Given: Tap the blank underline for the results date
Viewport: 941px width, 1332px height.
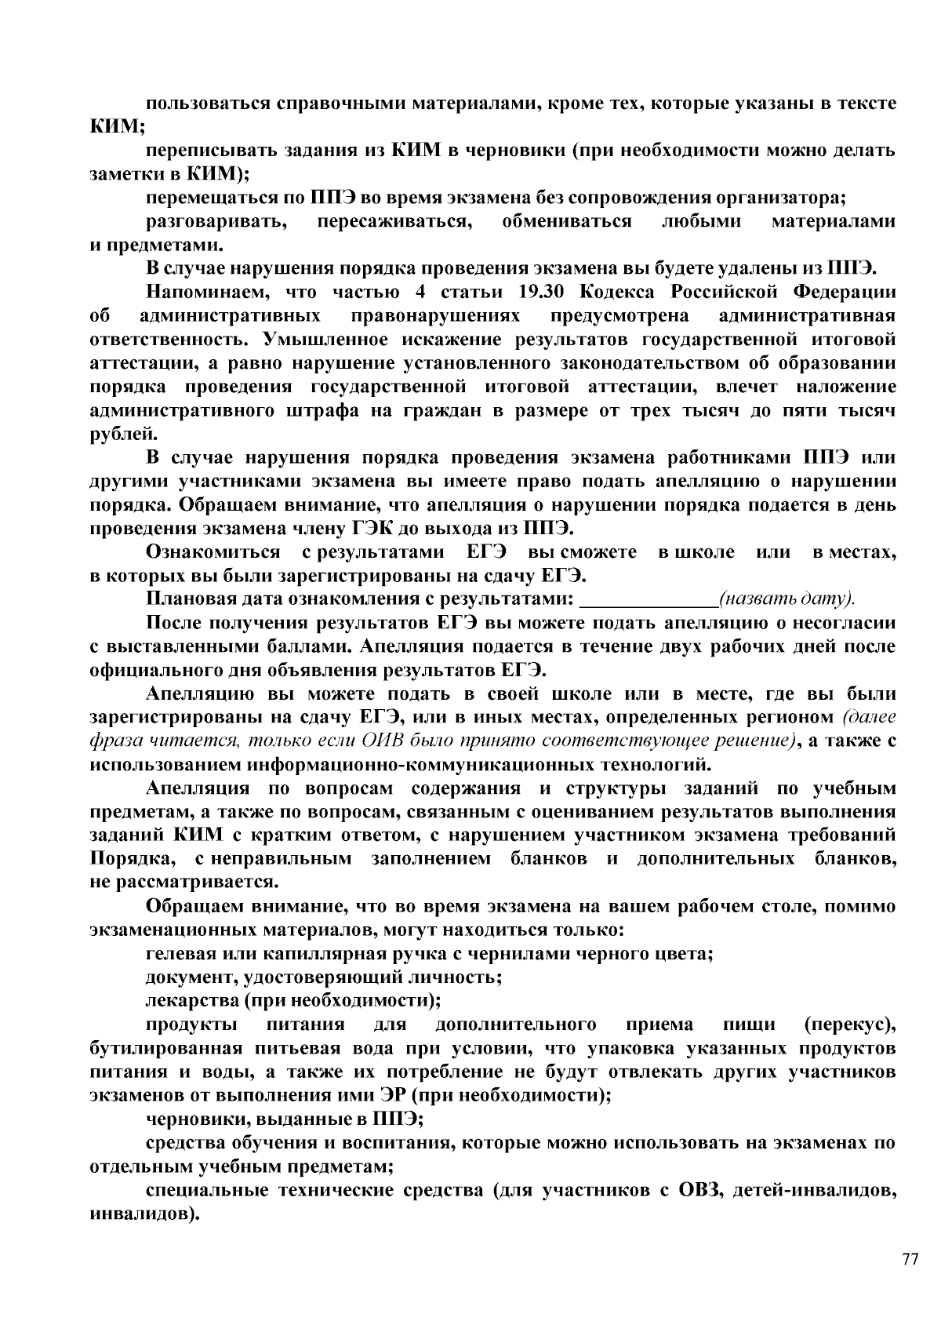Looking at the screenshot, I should [x=648, y=600].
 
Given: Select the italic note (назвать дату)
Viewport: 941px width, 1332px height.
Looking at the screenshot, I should [x=787, y=600].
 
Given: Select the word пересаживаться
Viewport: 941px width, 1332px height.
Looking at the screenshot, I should [x=394, y=221].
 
